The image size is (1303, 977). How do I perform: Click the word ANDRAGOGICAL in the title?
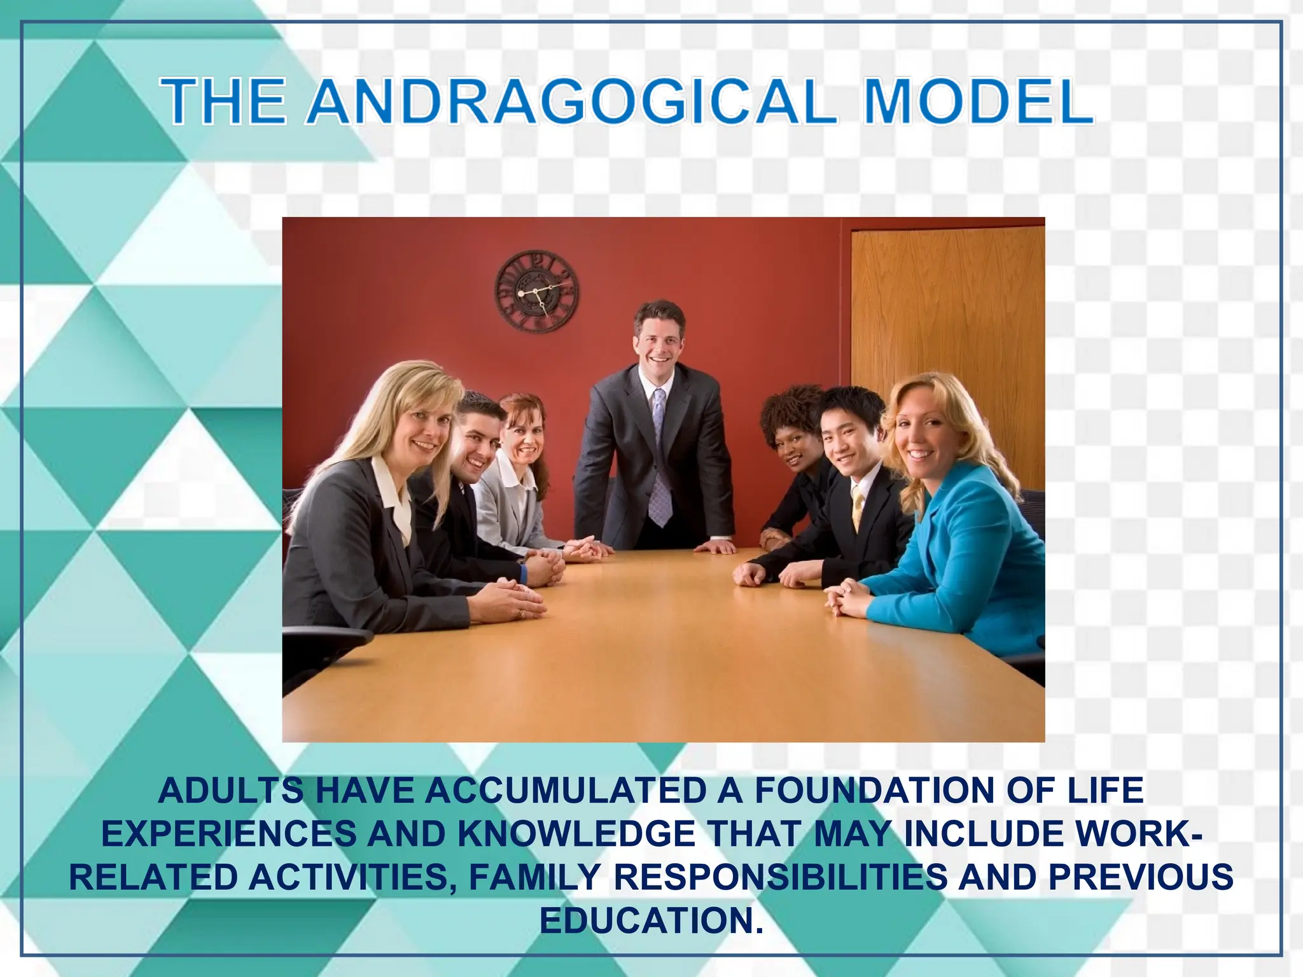[x=571, y=102]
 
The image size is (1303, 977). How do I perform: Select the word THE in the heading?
[x=223, y=102]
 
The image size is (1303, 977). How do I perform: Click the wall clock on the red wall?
[x=536, y=291]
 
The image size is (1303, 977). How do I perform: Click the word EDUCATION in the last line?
[x=651, y=920]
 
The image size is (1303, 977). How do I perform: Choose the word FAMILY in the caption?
[x=534, y=877]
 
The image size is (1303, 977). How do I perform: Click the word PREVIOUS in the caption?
[x=1140, y=877]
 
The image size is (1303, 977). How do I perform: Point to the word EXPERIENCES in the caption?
[x=229, y=835]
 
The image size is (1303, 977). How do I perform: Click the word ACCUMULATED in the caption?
[x=566, y=791]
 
